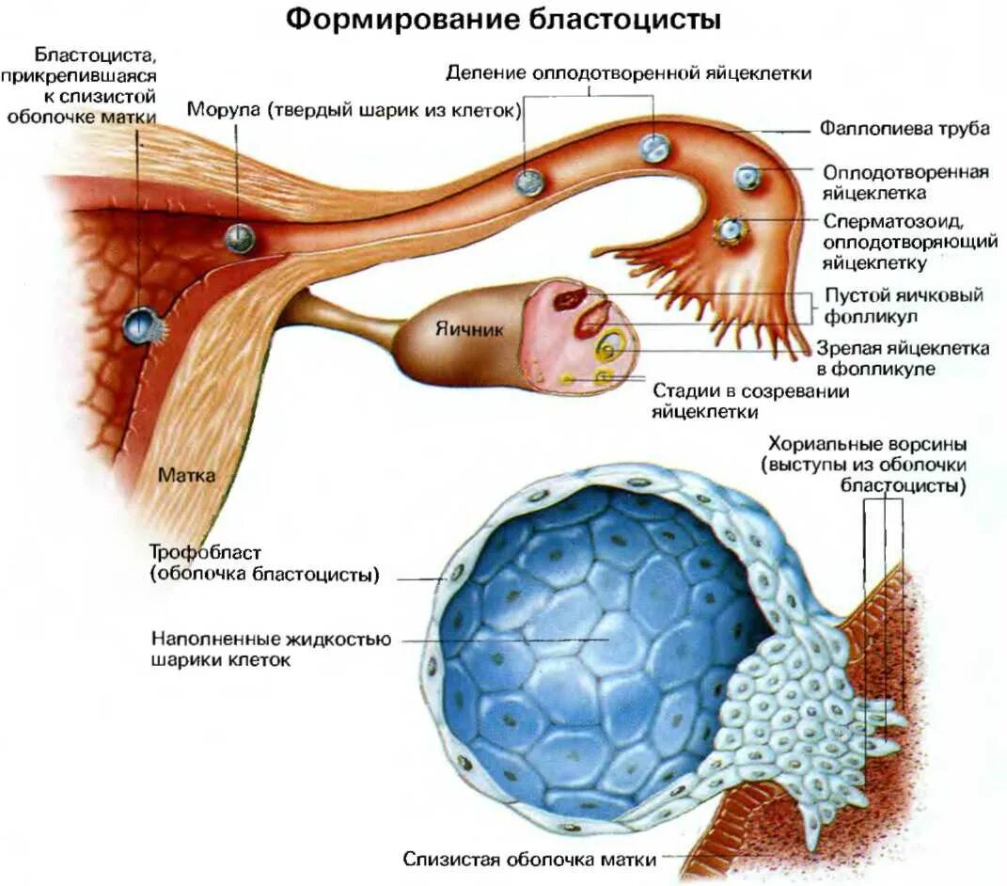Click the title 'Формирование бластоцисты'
tap(504, 21)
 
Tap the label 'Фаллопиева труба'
tap(904, 129)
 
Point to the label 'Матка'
tap(186, 476)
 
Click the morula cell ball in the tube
tap(240, 238)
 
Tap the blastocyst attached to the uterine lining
tap(140, 325)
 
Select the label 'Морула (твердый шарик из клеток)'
tap(354, 110)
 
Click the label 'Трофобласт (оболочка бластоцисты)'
tap(264, 562)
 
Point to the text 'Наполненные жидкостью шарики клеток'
tap(271, 649)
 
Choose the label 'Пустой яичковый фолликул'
tap(903, 305)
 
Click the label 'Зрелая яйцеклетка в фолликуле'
tap(903, 358)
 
